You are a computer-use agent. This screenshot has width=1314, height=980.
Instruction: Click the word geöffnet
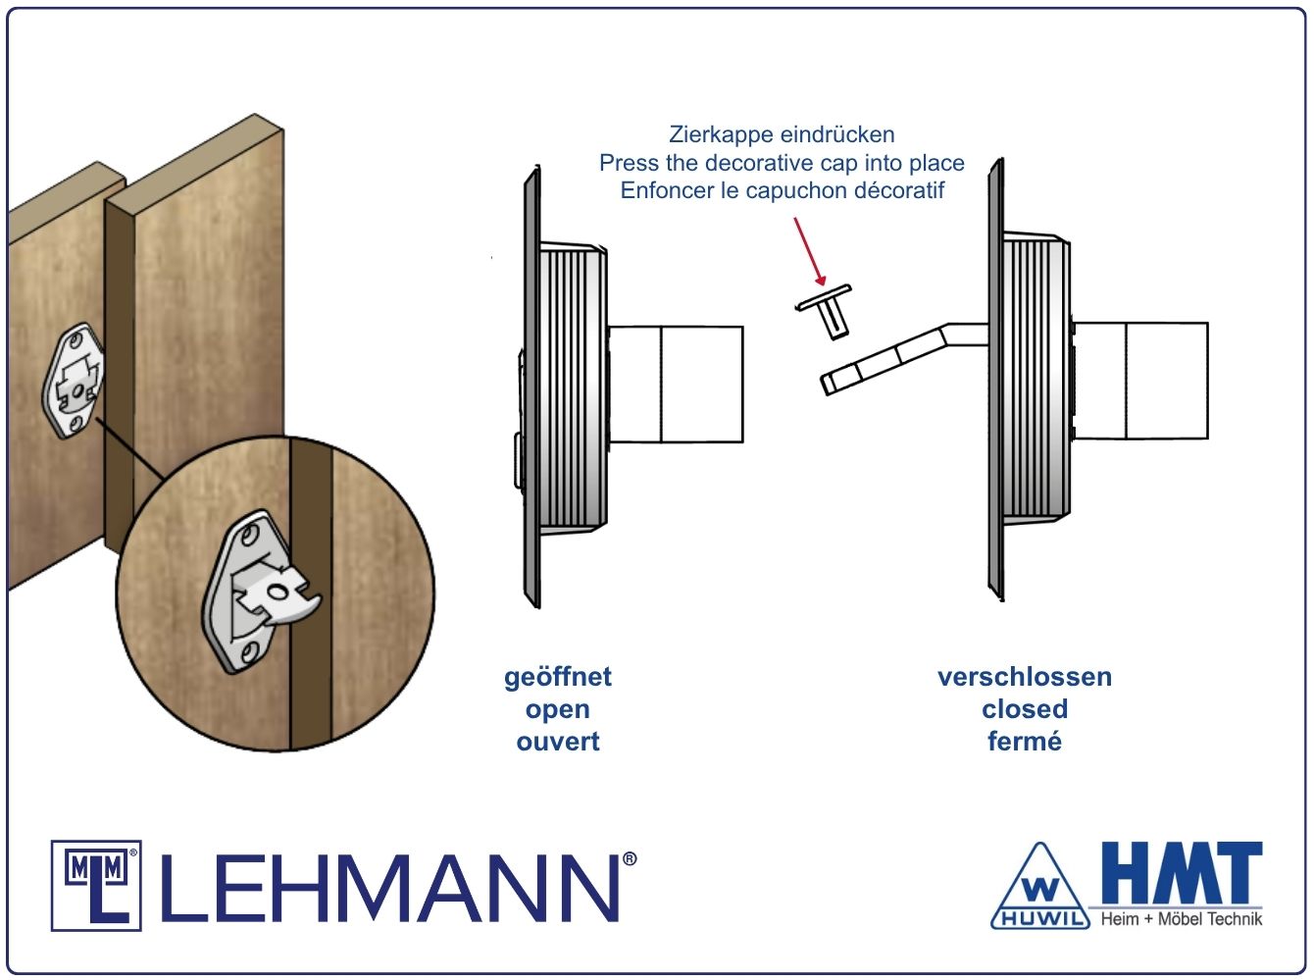pos(557,678)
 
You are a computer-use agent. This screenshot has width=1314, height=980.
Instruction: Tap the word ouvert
pos(557,742)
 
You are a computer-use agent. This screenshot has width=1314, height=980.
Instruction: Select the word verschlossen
pos(1025,677)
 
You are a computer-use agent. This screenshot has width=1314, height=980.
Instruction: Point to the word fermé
pos(1025,742)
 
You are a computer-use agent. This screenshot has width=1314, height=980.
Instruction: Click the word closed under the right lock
pos(1025,709)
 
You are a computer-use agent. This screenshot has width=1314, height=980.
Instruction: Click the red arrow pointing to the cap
pos(810,251)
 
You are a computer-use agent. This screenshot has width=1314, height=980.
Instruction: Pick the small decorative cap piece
pos(826,311)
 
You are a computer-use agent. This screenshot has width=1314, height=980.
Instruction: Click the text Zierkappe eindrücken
pos(782,134)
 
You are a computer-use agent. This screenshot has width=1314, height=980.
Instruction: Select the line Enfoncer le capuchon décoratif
pos(782,191)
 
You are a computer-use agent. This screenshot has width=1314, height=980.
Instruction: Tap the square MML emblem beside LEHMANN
pos(96,886)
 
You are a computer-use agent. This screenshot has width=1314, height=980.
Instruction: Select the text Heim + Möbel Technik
pos(1181,919)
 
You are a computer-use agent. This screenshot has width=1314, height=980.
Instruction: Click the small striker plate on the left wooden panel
pos(73,381)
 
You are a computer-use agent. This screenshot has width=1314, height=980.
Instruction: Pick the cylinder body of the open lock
pos(676,385)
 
